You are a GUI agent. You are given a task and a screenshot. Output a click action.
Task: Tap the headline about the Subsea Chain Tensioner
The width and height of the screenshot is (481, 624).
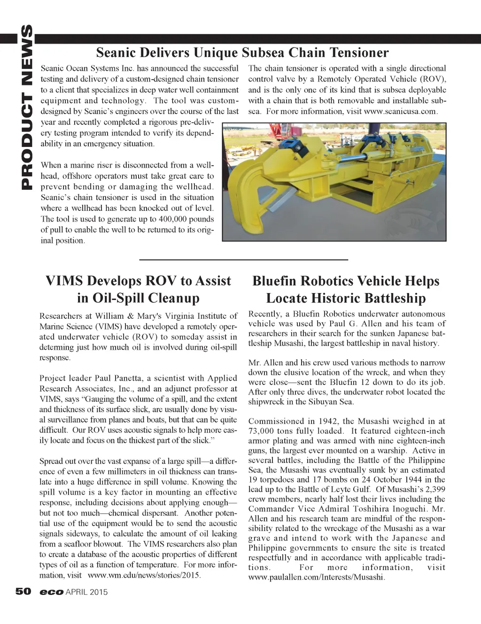(242, 52)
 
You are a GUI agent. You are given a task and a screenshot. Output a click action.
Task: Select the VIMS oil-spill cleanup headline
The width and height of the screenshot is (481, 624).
(138, 289)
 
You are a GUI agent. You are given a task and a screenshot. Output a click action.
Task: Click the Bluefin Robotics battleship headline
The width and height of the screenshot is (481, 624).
(346, 289)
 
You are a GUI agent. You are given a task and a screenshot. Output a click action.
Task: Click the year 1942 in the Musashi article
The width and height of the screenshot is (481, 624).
(327, 421)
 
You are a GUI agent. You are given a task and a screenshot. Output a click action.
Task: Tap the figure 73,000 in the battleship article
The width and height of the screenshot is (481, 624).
(262, 431)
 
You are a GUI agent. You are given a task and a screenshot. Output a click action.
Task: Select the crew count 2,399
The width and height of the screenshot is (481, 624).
(434, 489)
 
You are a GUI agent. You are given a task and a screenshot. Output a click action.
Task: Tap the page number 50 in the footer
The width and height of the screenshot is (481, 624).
(23, 592)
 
